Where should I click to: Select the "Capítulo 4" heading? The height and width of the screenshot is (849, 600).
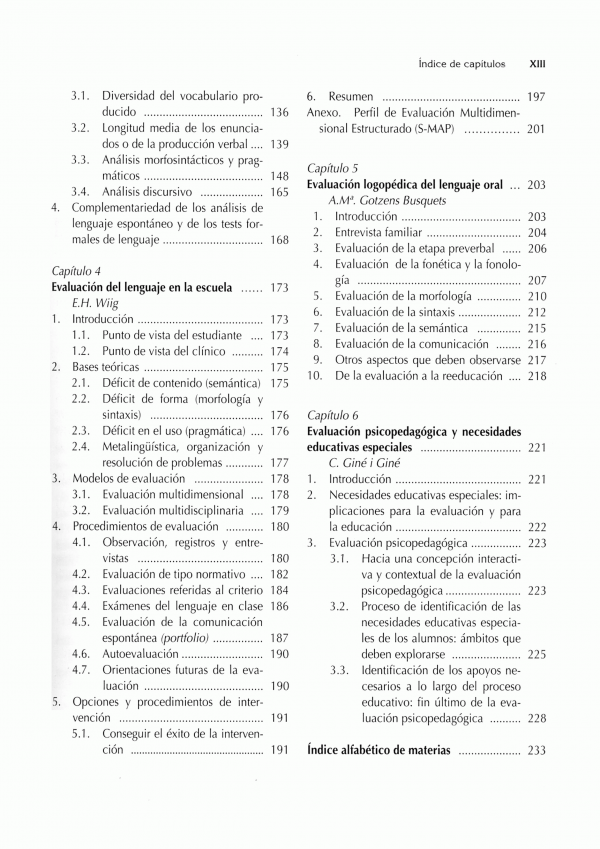point(76,270)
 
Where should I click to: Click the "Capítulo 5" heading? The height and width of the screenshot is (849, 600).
point(333,168)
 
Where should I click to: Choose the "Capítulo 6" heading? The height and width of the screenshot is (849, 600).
point(333,414)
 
